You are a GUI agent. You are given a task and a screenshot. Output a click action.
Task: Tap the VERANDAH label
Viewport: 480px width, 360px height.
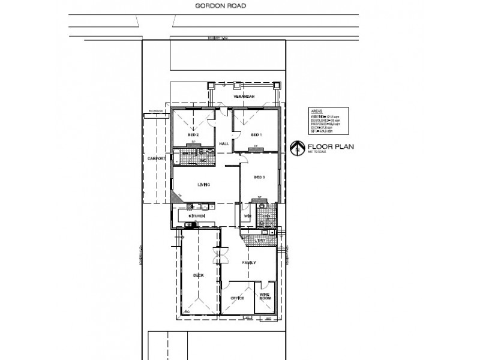point(244,97)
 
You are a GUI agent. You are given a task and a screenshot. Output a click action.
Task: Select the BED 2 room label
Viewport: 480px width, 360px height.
point(193,134)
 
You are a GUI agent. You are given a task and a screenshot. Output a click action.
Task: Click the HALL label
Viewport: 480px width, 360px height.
point(224,144)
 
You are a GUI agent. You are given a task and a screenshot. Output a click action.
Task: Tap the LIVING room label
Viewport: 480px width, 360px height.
point(205,185)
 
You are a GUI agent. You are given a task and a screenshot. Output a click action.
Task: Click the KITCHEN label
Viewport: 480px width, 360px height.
point(197,216)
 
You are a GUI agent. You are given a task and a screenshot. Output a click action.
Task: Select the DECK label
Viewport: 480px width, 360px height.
point(198,275)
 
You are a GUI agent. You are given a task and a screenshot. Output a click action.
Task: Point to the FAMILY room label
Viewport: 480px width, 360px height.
point(250,263)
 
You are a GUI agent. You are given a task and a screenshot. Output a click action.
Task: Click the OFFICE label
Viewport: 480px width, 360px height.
point(238,298)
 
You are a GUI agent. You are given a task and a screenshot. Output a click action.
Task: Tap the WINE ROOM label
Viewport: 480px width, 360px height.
point(265,296)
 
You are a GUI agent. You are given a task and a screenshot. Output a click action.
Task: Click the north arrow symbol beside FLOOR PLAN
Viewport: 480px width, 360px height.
point(295,148)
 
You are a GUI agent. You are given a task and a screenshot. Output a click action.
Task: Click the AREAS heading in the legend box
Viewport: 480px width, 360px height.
point(317,112)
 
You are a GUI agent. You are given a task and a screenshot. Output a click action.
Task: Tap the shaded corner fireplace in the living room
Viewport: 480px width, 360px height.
point(176,197)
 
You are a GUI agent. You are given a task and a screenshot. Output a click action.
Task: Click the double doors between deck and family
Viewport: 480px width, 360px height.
point(218,257)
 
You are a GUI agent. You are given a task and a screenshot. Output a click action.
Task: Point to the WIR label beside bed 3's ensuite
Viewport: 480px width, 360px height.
point(247,215)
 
